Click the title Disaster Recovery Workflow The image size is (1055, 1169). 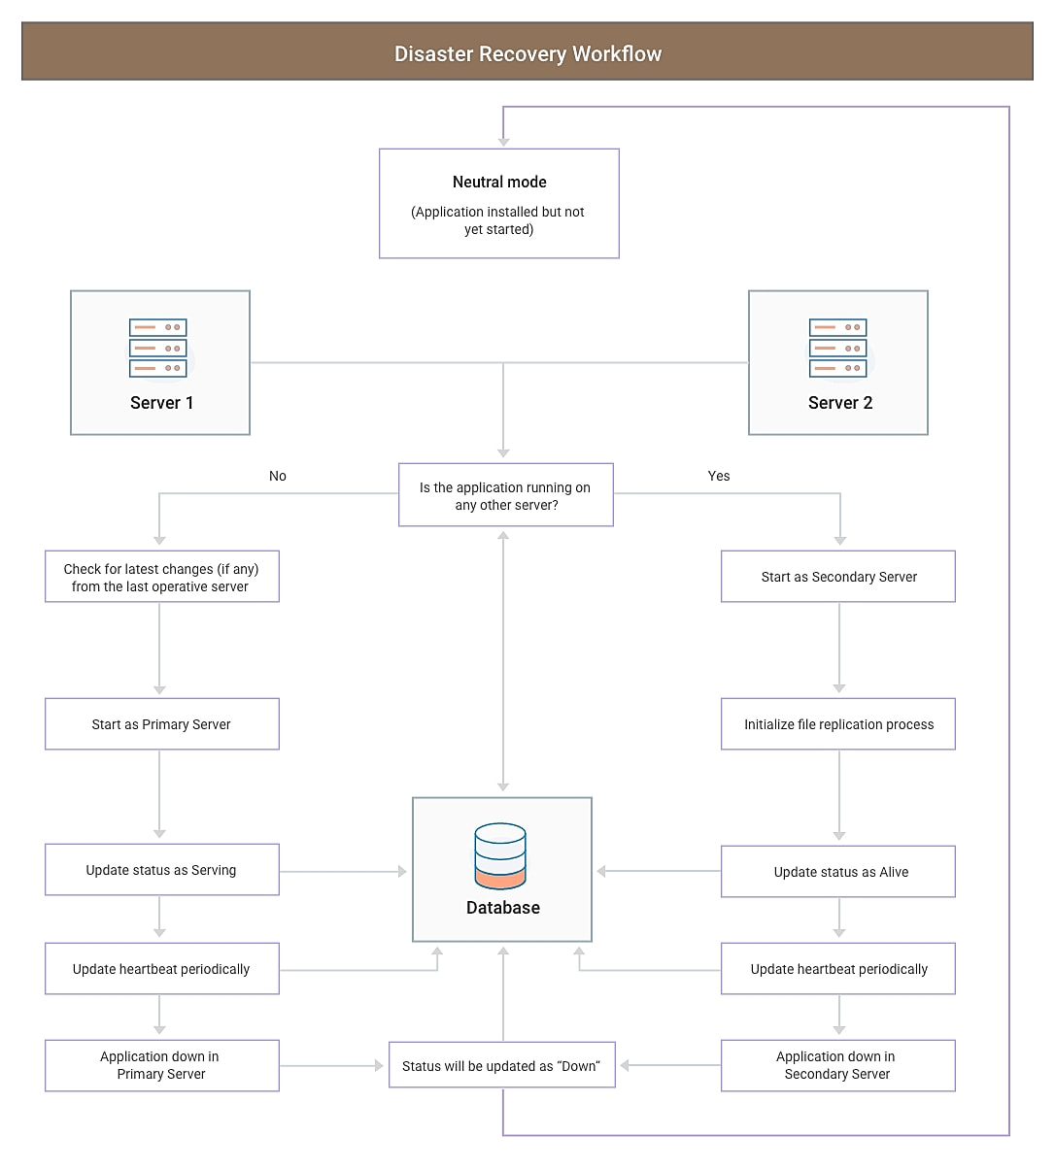tap(527, 53)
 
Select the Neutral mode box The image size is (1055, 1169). tap(498, 203)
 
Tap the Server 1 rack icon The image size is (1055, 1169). tap(158, 348)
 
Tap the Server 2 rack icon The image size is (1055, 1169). tap(837, 348)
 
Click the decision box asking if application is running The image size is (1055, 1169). tap(505, 495)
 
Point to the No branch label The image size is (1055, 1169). tap(278, 476)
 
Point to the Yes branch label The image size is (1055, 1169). tap(719, 476)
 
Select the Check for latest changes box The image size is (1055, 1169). tap(161, 578)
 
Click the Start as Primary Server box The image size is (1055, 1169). tap(161, 724)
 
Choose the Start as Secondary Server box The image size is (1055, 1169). tap(837, 577)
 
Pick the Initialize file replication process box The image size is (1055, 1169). tap(837, 724)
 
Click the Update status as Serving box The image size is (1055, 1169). tap(161, 870)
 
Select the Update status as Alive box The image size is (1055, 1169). tap(837, 872)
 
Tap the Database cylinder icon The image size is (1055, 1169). tap(500, 855)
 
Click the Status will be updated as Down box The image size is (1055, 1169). tap(501, 1066)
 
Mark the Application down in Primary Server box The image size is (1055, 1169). tap(161, 1065)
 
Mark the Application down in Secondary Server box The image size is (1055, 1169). tap(837, 1065)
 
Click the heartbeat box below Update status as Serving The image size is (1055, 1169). tap(161, 969)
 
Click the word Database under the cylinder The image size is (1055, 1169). tap(502, 908)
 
